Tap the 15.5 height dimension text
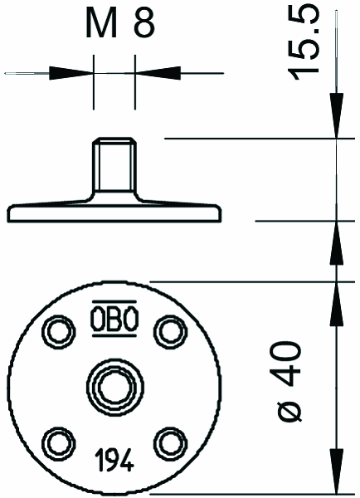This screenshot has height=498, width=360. [x=303, y=44]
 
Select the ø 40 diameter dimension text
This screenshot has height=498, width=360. [x=289, y=381]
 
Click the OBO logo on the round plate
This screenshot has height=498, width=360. [x=114, y=318]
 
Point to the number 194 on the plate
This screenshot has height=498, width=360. [x=114, y=460]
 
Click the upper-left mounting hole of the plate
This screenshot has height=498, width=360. [x=59, y=332]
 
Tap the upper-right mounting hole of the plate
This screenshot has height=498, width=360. [x=171, y=332]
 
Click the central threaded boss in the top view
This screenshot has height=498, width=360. [x=115, y=386]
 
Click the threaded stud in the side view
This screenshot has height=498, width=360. [x=114, y=165]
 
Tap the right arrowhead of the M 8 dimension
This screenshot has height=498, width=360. [x=158, y=73]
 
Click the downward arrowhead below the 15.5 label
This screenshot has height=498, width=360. [x=337, y=115]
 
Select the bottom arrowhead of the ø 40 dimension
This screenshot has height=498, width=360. [x=337, y=471]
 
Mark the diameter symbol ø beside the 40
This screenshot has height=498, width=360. [x=289, y=410]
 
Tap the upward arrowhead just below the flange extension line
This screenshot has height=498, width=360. [x=337, y=242]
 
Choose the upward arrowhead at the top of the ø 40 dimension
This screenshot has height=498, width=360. [x=337, y=304]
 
